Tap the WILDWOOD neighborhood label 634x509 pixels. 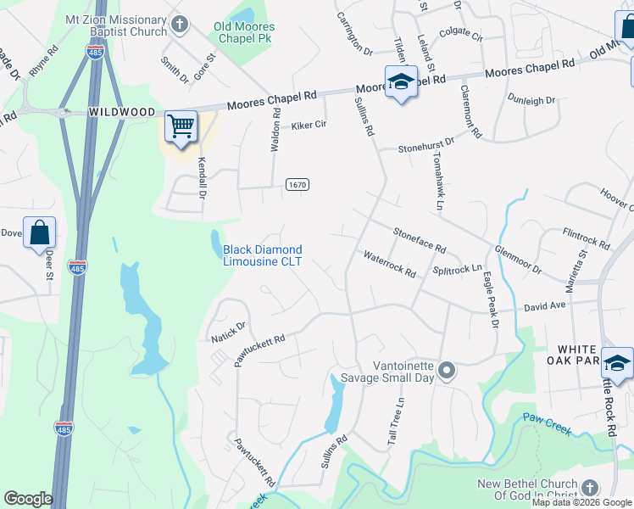pyautogui.click(x=124, y=112)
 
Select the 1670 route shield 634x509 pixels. pyautogui.click(x=297, y=185)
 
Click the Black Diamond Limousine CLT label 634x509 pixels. pyautogui.click(x=262, y=255)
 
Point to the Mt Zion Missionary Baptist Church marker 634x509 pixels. pyautogui.click(x=180, y=25)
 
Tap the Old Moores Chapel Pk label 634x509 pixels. pyautogui.click(x=244, y=33)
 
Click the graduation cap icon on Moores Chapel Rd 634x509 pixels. pyautogui.click(x=400, y=82)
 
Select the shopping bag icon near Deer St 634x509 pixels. pyautogui.click(x=40, y=232)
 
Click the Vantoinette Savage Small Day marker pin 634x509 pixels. pyautogui.click(x=448, y=370)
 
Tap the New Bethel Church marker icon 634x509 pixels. pyautogui.click(x=589, y=487)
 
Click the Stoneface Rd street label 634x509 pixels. pyautogui.click(x=419, y=238)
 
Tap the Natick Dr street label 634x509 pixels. pyautogui.click(x=228, y=332)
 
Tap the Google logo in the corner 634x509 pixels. pyautogui.click(x=28, y=499)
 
